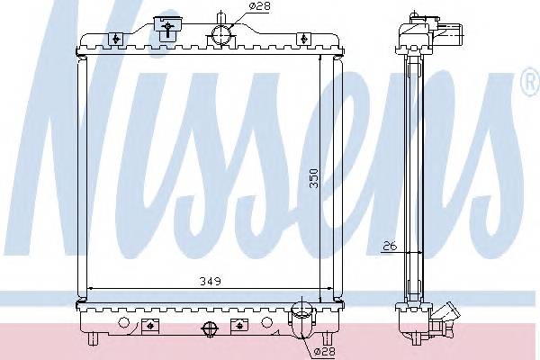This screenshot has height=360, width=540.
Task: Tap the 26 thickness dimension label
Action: (388, 243)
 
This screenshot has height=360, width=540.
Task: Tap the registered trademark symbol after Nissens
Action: (529, 85)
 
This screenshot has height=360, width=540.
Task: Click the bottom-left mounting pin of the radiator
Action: (94, 341)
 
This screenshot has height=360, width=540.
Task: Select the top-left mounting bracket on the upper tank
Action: (116, 39)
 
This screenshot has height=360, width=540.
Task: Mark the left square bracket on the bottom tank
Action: (148, 325)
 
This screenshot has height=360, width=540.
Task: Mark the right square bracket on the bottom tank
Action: (238, 325)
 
